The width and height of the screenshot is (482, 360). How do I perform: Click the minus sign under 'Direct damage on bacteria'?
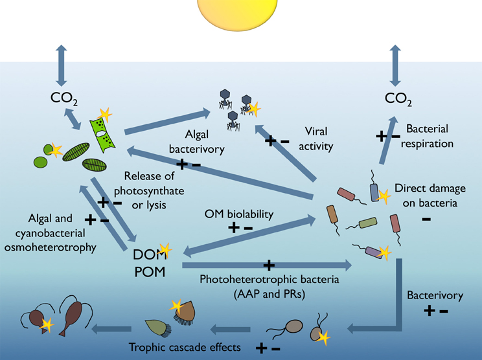[426, 219]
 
